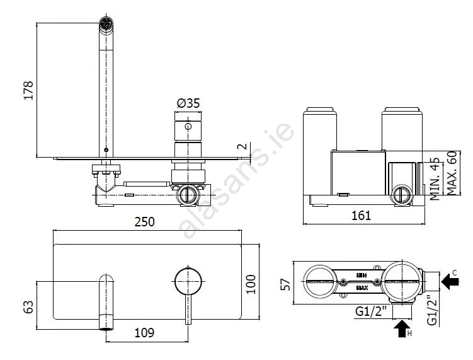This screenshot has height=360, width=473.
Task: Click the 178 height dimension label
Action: coord(28,90)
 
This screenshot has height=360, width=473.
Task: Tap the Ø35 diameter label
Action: coord(188,103)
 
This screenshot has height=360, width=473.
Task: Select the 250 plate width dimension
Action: coord(144,222)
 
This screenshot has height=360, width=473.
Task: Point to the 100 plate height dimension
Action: coord(251,284)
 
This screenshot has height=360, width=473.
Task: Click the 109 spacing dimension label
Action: coord(144,332)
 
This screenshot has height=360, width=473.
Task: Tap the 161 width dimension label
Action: coord(361,216)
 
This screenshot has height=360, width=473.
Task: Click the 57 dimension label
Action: coord(285,284)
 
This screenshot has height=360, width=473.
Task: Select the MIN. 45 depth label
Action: coord(435,178)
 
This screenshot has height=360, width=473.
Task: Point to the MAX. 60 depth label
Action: coord(452,173)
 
